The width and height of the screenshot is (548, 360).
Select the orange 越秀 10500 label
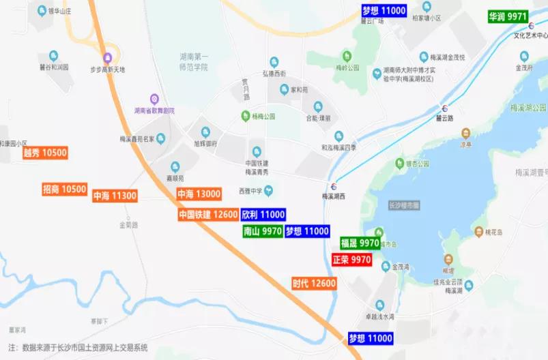45,153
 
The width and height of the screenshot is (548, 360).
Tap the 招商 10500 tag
65,190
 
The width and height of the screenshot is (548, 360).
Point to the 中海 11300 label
115,196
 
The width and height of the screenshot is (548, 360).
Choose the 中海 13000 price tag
199,194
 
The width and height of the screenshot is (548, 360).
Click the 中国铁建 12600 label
207,214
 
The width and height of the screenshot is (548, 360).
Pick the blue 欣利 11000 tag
263,214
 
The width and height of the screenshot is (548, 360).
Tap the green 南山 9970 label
263,231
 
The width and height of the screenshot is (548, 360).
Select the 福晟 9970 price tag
360,243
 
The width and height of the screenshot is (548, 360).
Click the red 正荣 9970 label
351,260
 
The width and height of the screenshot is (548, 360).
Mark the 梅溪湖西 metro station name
335,196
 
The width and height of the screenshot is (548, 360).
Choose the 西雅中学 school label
250,190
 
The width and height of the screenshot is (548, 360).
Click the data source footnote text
78,348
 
